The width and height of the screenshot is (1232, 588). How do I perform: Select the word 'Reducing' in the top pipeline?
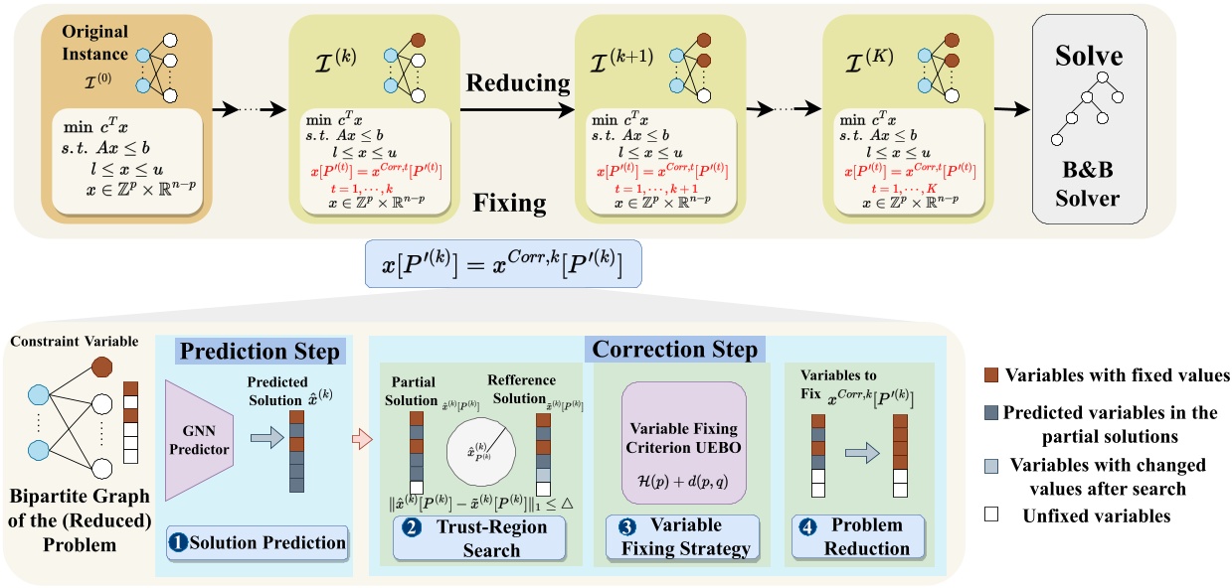click(x=519, y=81)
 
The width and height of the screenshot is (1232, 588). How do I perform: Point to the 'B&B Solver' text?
click(x=1090, y=184)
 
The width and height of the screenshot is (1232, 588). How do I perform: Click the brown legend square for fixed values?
click(x=990, y=375)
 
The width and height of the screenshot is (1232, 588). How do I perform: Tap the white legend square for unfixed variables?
click(x=990, y=516)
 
